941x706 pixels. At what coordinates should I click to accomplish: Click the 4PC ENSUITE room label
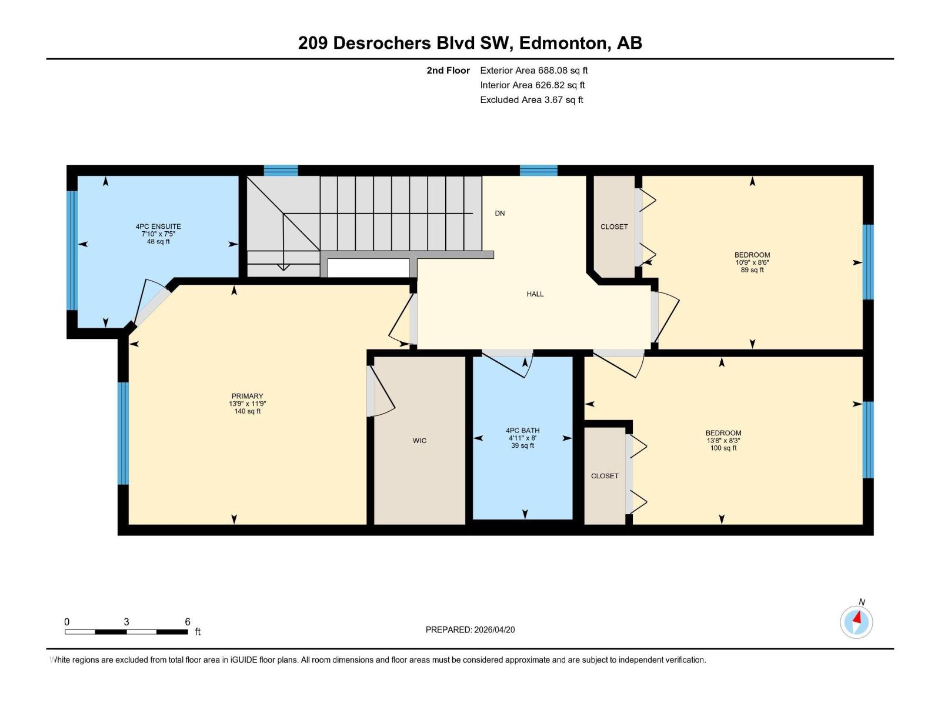tap(158, 227)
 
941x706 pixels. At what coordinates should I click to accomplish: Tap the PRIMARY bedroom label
tap(247, 396)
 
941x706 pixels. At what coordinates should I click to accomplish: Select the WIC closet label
tap(419, 441)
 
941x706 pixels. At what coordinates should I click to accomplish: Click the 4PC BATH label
tap(522, 431)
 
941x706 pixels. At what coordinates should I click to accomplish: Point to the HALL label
tap(535, 294)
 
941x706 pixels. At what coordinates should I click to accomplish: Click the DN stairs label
tap(499, 214)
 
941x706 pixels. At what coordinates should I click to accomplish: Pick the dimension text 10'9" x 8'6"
tap(752, 263)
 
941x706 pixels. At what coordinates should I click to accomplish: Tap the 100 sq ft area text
tap(723, 448)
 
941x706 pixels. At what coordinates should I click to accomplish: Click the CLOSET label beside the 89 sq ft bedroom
tap(614, 227)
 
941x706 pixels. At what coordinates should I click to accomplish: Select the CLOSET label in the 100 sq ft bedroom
tap(605, 476)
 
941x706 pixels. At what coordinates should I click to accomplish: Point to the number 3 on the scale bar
tap(126, 622)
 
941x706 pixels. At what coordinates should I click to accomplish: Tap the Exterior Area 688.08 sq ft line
tap(533, 71)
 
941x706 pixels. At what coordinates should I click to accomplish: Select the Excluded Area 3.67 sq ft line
tap(531, 100)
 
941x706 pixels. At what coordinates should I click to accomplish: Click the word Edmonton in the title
tap(563, 43)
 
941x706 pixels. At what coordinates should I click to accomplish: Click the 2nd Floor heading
tap(448, 71)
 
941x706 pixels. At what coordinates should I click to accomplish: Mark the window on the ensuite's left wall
tap(72, 250)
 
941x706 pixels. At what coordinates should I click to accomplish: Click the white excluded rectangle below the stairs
tap(368, 268)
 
